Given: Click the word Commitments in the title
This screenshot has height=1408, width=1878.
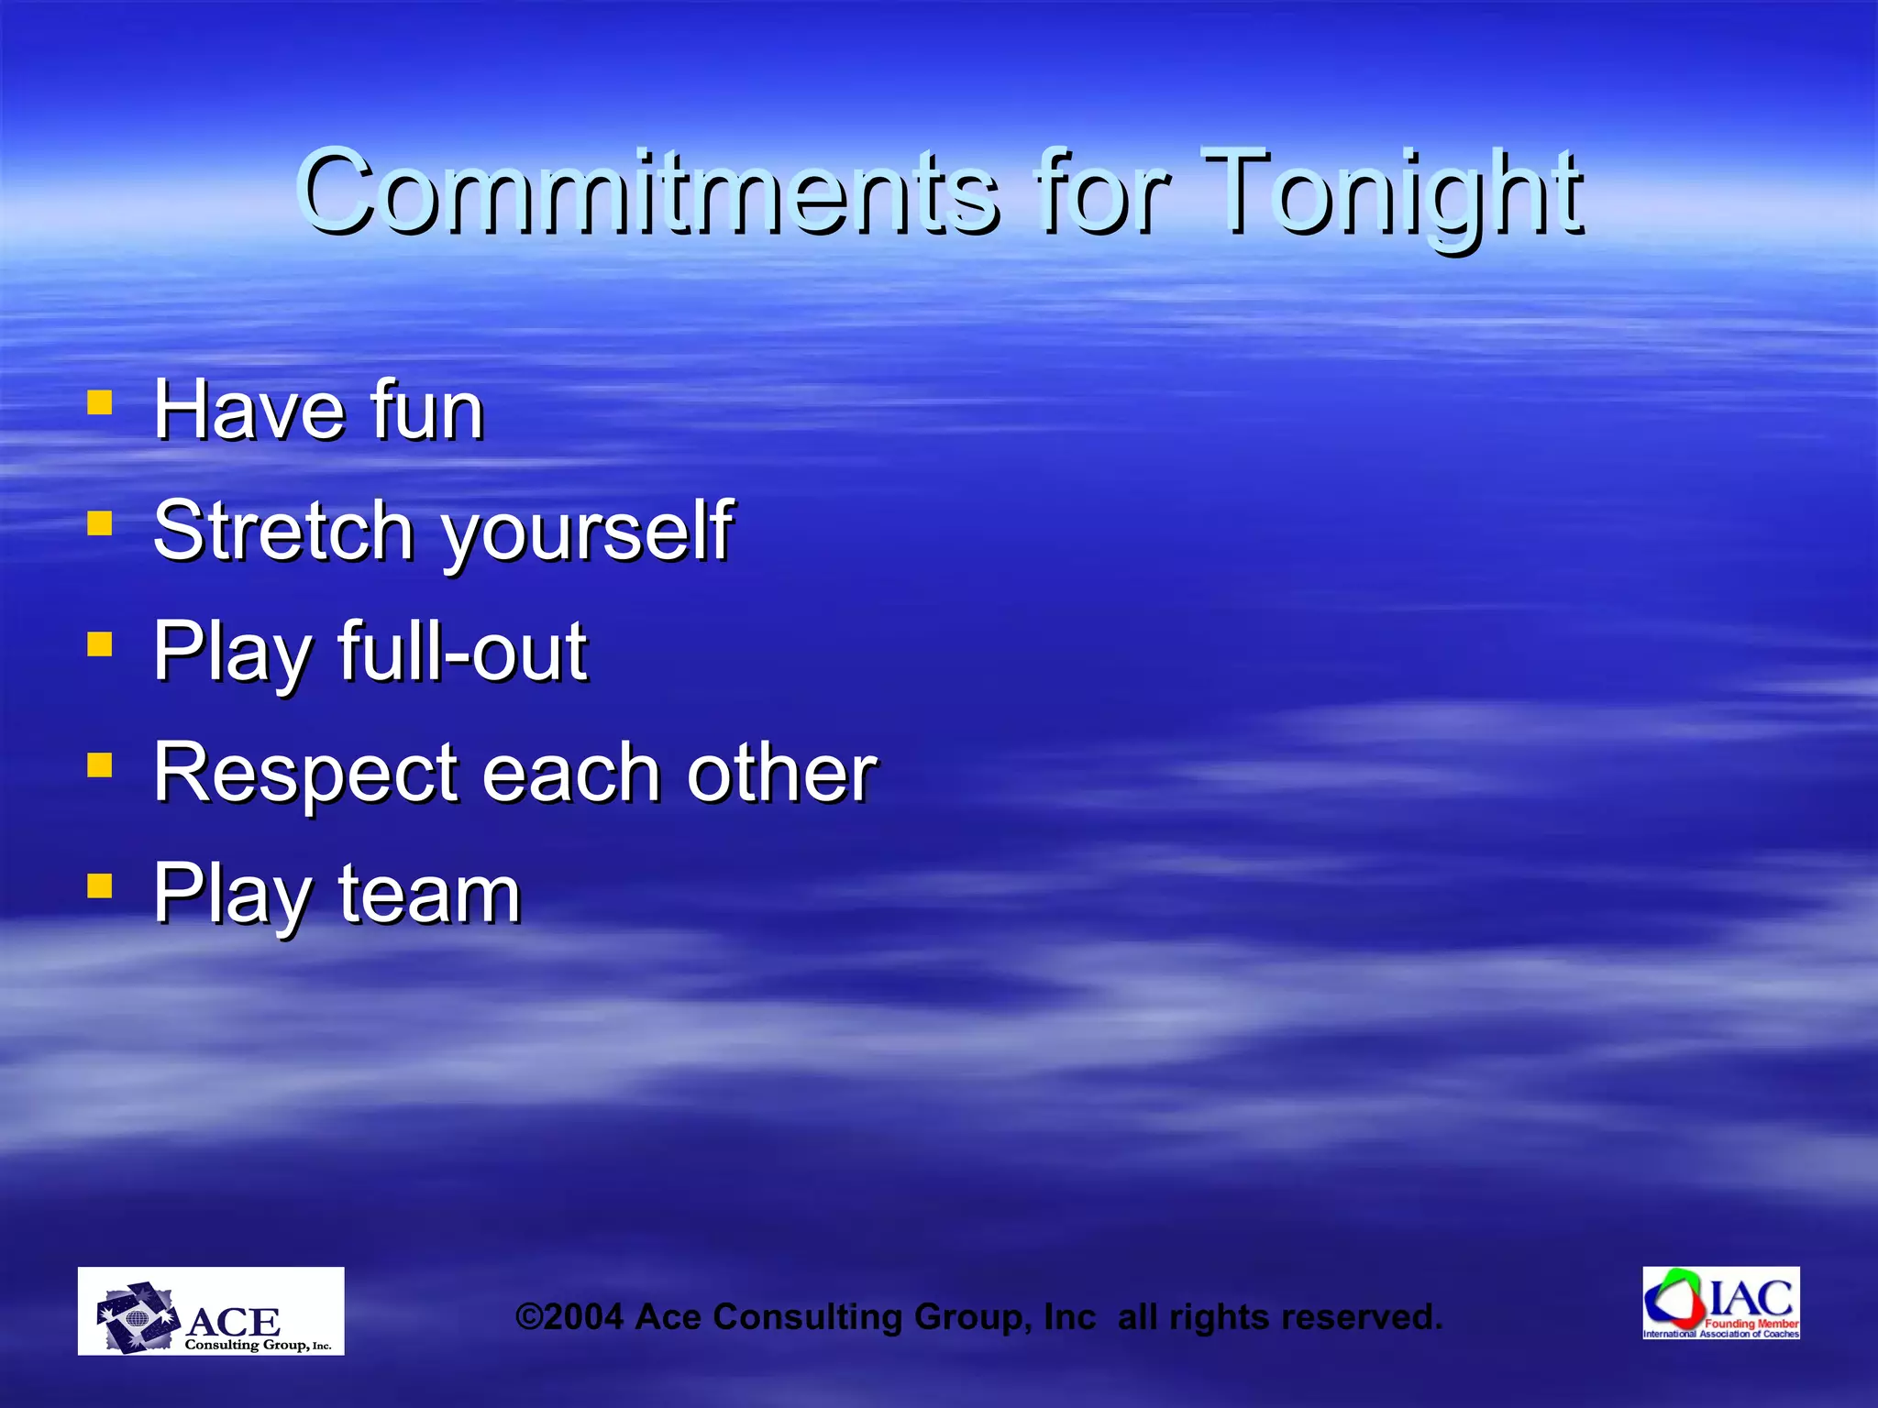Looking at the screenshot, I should coord(646,192).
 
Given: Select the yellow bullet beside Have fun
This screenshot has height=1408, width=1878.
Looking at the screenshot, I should coord(99,402).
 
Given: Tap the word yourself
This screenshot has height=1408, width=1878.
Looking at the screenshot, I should coord(587,533).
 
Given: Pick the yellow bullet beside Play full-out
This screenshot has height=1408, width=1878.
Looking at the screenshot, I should coord(99,643).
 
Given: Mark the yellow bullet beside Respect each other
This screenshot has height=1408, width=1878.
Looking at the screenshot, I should coord(99,764).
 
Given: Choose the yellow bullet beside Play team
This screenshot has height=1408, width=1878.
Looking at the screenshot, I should coord(99,885).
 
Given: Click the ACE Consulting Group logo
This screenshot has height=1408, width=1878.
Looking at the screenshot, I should coord(211,1311).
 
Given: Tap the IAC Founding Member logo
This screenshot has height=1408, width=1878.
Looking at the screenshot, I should coord(1720,1303).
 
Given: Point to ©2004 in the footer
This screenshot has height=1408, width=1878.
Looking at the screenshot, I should coord(569,1317).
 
